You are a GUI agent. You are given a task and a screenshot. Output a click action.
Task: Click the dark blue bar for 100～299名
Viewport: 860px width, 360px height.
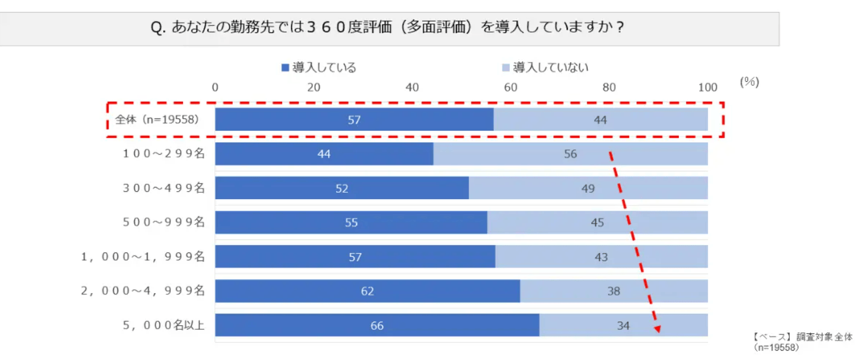pos(324,154)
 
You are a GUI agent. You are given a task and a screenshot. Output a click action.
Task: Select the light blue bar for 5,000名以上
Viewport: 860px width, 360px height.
pos(624,325)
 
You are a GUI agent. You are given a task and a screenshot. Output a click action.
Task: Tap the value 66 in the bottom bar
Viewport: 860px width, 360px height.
pos(377,326)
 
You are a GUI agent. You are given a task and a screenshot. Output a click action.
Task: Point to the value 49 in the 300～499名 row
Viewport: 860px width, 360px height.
pos(588,189)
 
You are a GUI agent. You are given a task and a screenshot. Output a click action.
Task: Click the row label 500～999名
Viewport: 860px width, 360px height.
pos(164,222)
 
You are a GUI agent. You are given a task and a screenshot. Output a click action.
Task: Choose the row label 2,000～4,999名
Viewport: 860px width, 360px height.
pos(143,291)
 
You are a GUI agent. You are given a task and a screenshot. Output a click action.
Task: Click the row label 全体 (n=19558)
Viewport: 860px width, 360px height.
pos(157,120)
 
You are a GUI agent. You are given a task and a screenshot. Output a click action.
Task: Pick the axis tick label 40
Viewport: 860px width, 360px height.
pos(412,88)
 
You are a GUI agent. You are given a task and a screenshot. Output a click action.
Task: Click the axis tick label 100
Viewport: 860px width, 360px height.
pos(708,88)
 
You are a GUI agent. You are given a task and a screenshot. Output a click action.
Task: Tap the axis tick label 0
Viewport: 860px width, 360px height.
pos(215,88)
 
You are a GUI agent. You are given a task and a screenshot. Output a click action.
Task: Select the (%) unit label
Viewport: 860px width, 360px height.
pos(750,82)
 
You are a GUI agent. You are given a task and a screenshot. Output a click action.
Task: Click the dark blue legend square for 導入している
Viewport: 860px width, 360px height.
pos(285,67)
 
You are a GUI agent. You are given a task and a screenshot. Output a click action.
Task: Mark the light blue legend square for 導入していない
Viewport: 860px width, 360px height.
pos(506,67)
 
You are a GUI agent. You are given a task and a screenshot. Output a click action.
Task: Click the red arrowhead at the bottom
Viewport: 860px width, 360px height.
pos(658,329)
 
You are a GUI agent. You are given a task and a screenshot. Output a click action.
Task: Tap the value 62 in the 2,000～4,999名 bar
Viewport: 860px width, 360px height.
pos(368,291)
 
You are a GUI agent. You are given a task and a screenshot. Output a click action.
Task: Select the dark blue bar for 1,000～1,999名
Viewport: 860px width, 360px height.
pos(355,257)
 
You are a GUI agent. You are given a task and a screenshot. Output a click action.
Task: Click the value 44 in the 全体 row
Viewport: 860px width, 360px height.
pos(600,120)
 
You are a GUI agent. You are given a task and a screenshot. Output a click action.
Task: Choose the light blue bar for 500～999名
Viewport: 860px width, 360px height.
pos(598,222)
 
